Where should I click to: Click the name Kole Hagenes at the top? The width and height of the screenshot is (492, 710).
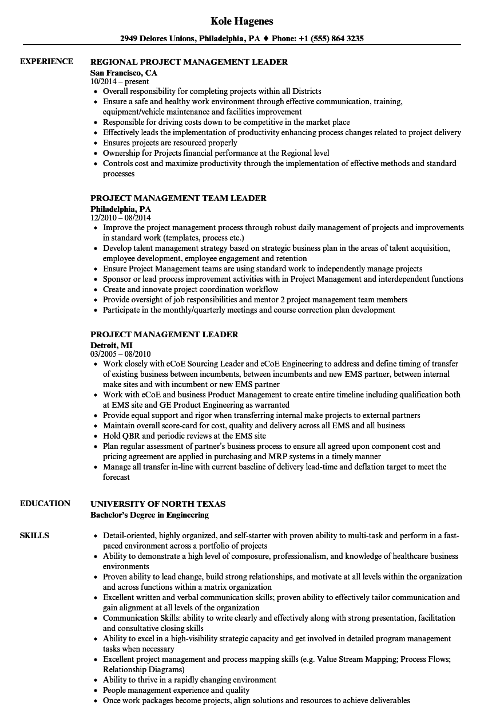click(242, 21)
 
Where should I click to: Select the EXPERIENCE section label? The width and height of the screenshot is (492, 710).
click(46, 61)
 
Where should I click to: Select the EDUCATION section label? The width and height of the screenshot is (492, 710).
click(45, 503)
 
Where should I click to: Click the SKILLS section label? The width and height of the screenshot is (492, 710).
click(34, 535)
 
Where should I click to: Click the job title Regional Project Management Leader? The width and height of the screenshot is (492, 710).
click(189, 62)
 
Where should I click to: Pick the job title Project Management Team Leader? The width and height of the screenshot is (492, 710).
click(178, 198)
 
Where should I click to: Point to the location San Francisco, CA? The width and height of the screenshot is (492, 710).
click(124, 73)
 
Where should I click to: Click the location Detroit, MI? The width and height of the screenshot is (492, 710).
click(112, 345)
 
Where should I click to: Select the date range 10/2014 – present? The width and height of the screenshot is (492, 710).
click(120, 81)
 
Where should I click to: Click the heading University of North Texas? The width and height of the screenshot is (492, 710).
click(158, 504)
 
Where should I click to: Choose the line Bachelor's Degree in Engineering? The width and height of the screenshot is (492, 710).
click(149, 515)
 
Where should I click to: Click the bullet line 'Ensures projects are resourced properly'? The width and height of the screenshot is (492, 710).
click(170, 143)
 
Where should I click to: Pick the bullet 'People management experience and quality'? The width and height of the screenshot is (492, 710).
click(176, 690)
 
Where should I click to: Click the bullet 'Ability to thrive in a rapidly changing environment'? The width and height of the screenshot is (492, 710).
click(189, 680)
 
